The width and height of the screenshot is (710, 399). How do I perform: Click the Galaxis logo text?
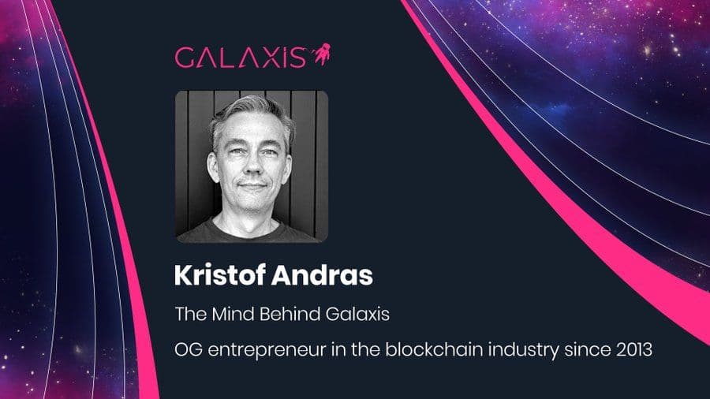(x=240, y=58)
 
